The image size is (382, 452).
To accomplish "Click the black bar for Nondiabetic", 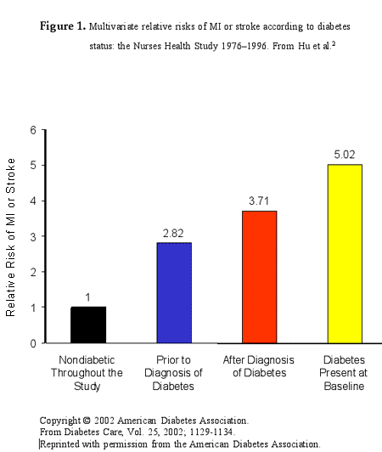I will (x=87, y=325).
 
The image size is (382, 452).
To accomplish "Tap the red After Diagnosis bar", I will (x=259, y=277).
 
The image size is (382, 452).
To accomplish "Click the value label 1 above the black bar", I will (x=87, y=298).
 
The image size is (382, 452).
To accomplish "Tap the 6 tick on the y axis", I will (x=33, y=130).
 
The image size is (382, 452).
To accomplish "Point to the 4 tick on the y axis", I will (x=33, y=201).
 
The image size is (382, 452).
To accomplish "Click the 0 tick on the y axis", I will (x=33, y=343).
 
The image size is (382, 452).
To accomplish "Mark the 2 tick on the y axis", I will (x=33, y=272).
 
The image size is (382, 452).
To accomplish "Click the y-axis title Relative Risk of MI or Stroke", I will (x=12, y=237).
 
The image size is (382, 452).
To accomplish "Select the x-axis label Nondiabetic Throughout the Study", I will (x=87, y=373).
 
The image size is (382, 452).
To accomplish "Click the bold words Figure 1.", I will (x=63, y=26).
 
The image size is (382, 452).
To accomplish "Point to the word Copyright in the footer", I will (x=61, y=420).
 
